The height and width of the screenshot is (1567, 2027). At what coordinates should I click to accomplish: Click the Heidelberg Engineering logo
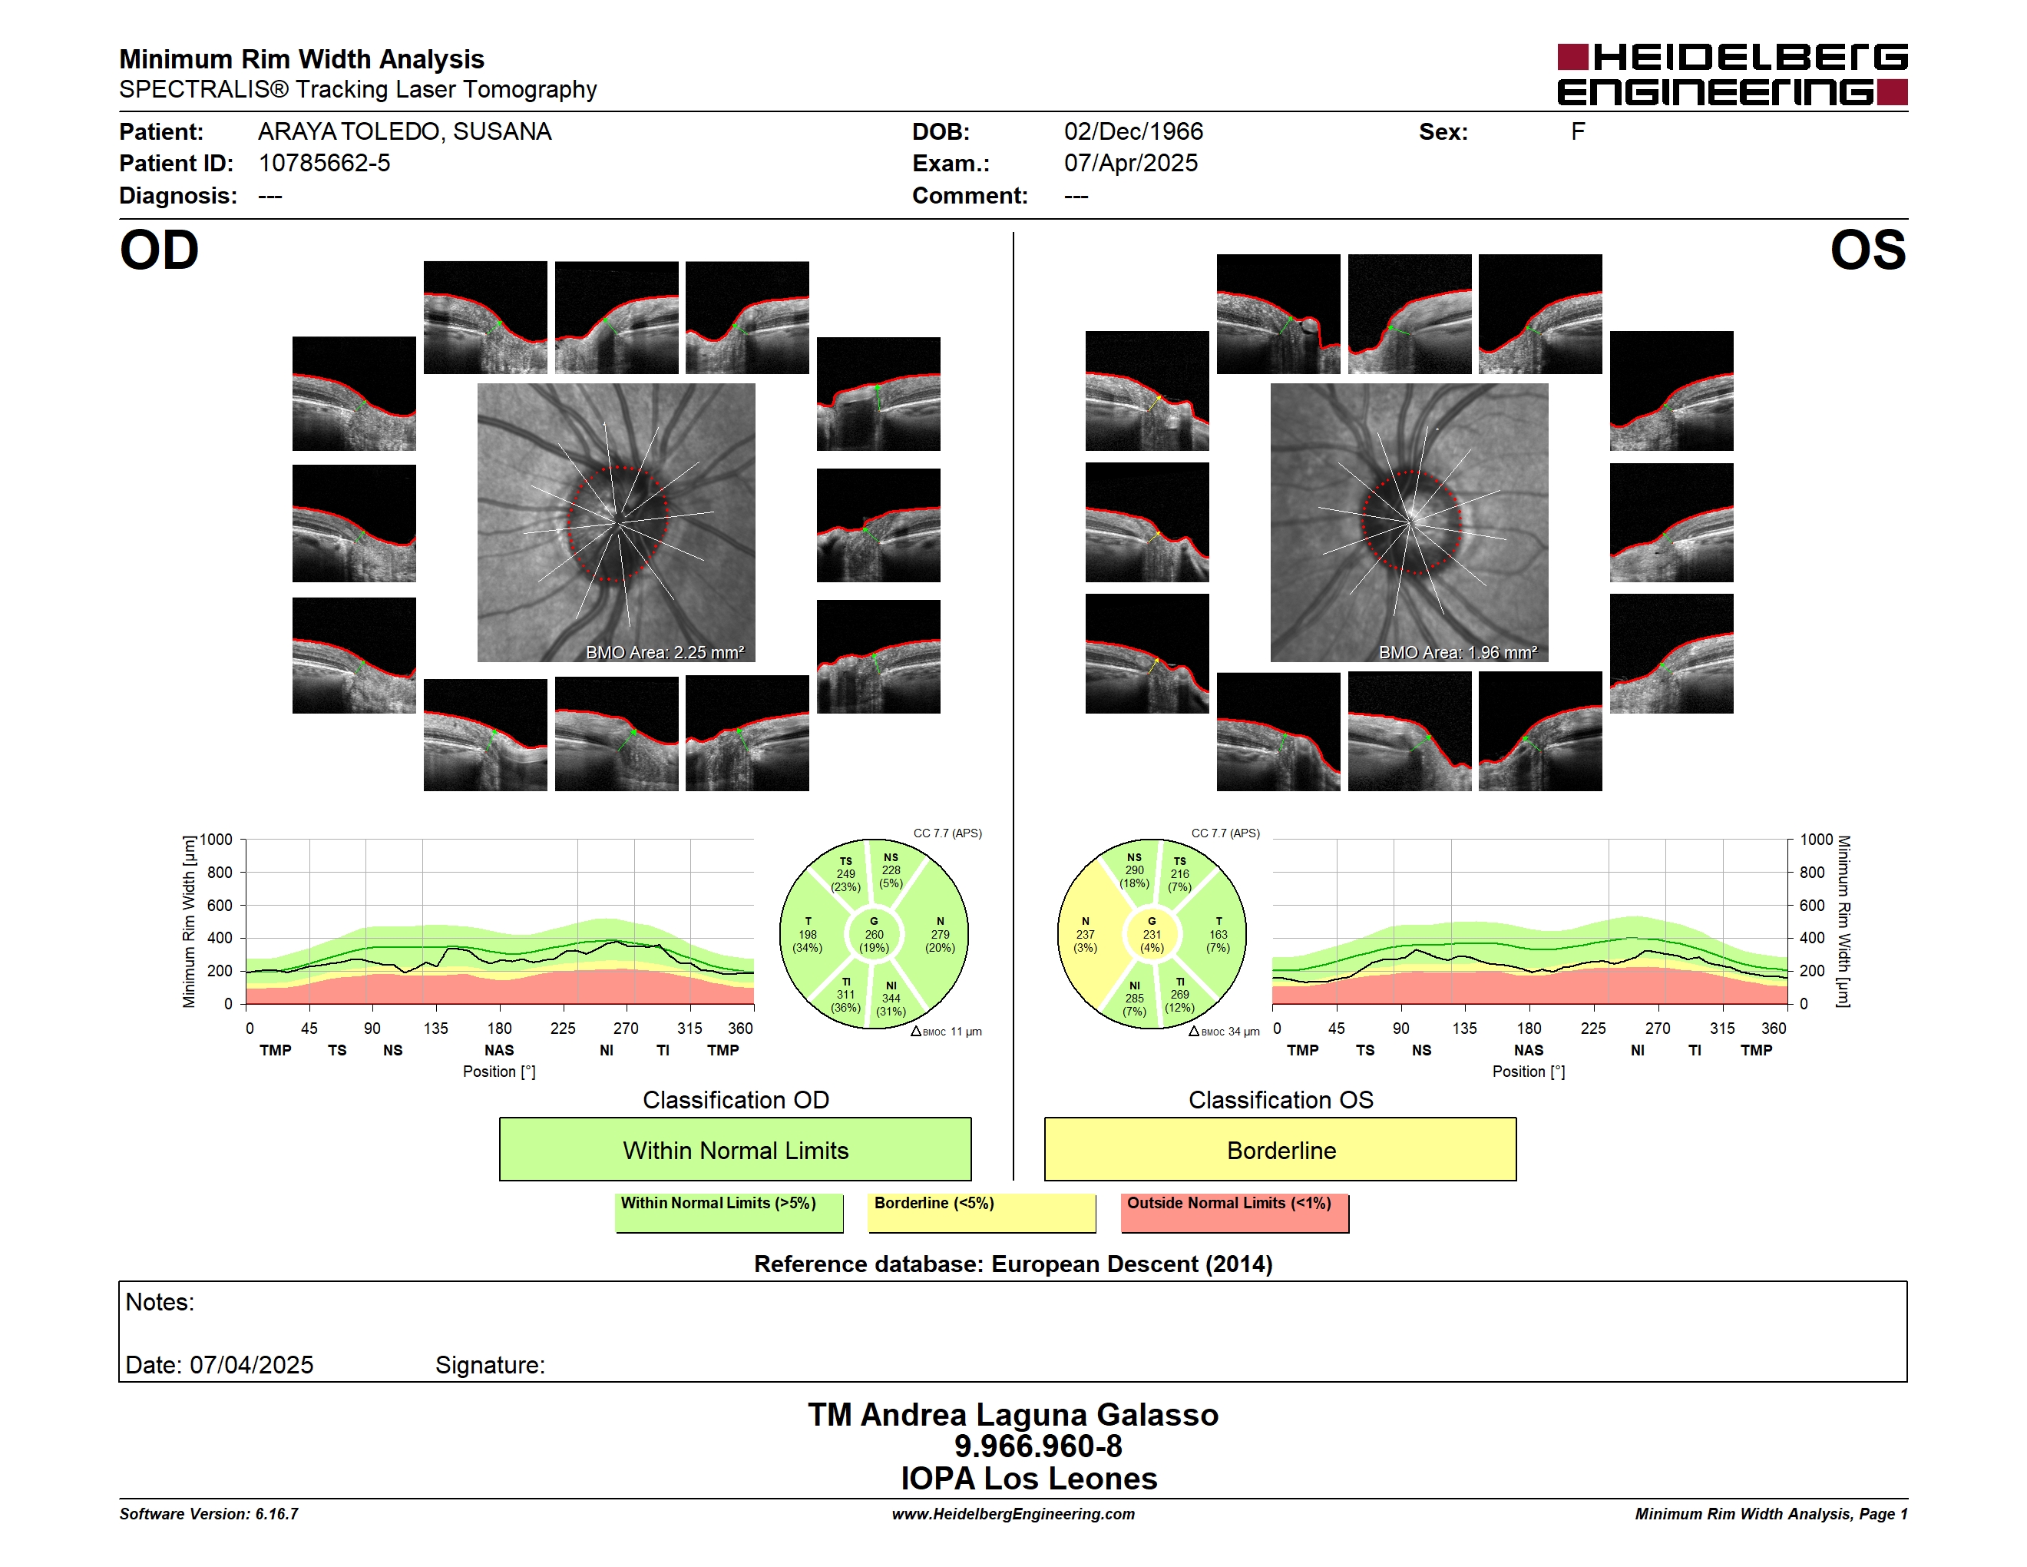(1732, 75)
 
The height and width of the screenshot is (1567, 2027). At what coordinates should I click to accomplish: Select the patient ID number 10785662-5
(324, 164)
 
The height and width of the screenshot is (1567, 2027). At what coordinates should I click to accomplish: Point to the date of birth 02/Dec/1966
(1133, 132)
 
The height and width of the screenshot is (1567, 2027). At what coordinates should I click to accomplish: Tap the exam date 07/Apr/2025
(1130, 164)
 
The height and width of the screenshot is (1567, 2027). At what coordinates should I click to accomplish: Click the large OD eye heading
(159, 250)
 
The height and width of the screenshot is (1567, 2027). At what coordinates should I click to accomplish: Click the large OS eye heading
(1867, 250)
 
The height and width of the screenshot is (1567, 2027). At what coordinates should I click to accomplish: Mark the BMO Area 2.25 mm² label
(664, 653)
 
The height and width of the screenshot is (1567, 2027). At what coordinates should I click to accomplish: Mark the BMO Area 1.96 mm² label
(1457, 653)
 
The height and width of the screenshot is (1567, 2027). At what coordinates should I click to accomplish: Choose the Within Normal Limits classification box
(735, 1149)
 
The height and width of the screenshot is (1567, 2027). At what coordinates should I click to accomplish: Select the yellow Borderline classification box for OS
(1281, 1149)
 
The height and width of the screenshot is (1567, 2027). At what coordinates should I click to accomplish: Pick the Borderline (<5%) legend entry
(982, 1212)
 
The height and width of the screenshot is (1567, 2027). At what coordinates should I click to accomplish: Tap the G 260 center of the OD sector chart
(873, 935)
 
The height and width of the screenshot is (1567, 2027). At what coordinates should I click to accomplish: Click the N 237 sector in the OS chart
(1085, 935)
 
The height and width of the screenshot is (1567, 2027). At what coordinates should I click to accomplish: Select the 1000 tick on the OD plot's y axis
(215, 840)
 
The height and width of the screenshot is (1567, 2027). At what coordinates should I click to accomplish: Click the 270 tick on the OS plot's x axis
(1658, 1029)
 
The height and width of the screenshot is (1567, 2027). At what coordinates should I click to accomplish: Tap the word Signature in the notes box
(490, 1365)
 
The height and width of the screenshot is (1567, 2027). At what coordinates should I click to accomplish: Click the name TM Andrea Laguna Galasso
(1013, 1414)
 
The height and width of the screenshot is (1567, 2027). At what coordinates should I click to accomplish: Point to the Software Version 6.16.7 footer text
(209, 1514)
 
